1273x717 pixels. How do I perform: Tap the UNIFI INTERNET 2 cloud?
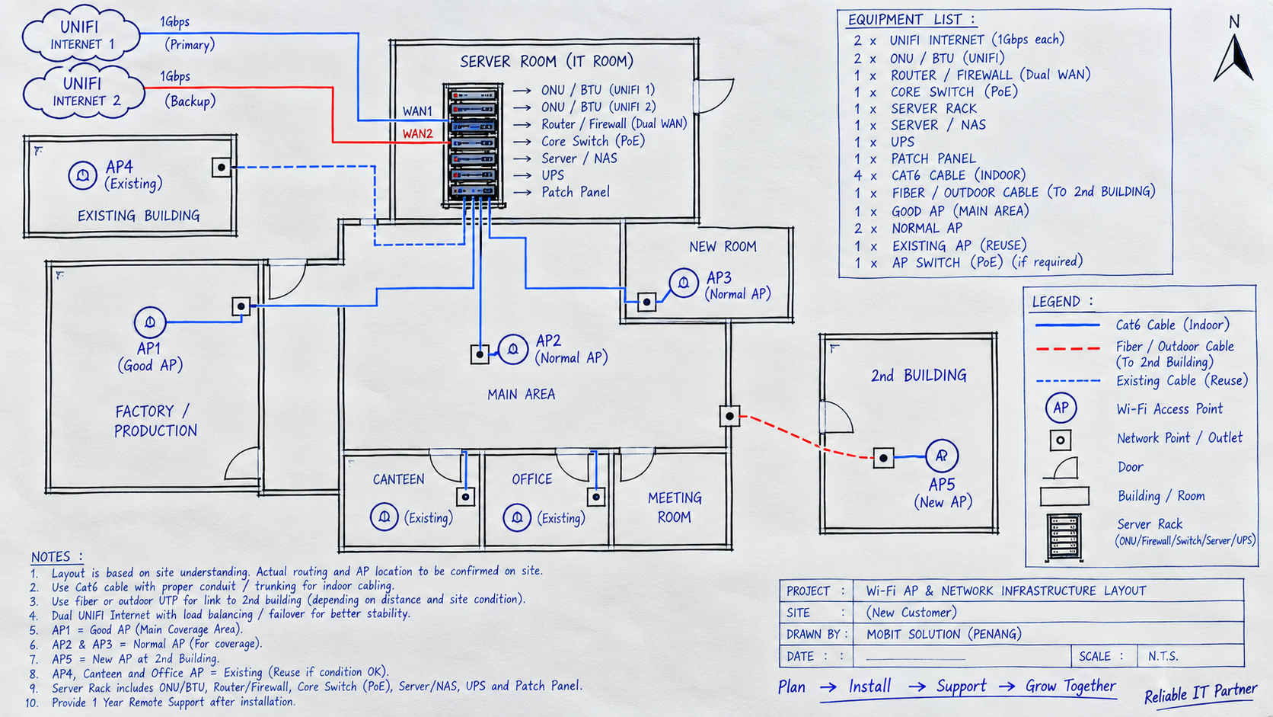84,91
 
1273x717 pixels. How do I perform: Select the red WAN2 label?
418,133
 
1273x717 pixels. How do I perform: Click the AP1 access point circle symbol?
150,322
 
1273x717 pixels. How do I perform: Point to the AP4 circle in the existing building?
82,175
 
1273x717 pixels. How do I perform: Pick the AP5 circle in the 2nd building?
942,456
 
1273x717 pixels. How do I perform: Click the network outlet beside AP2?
480,354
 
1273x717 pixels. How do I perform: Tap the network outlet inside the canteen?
465,497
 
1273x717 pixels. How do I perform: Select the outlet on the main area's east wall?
729,416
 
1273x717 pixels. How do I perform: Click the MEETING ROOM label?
675,507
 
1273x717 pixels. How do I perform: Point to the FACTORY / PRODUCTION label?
155,421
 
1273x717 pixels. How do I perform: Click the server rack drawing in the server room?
474,146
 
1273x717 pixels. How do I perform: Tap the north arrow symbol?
1233,58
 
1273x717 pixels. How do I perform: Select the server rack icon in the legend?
1064,537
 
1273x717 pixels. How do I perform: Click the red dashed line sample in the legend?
1068,348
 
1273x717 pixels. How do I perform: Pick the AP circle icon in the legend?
1061,408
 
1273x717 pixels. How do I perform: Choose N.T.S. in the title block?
1163,656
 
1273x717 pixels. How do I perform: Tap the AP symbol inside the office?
517,518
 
